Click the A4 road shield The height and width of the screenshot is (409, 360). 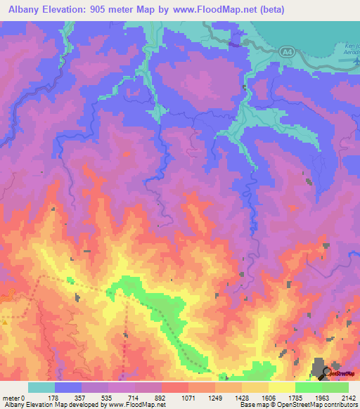[x=286, y=52]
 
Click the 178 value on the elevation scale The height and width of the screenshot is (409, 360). [x=53, y=397]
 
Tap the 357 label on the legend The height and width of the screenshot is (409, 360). [x=81, y=397]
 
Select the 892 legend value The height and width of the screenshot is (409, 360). [x=160, y=397]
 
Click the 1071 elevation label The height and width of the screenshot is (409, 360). [x=188, y=397]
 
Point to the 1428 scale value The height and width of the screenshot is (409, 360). [x=241, y=397]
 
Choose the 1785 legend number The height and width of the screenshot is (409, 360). [x=295, y=397]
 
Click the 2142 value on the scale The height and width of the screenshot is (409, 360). [x=348, y=397]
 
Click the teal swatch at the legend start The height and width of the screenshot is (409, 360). [x=41, y=387]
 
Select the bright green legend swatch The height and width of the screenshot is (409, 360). [x=308, y=387]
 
